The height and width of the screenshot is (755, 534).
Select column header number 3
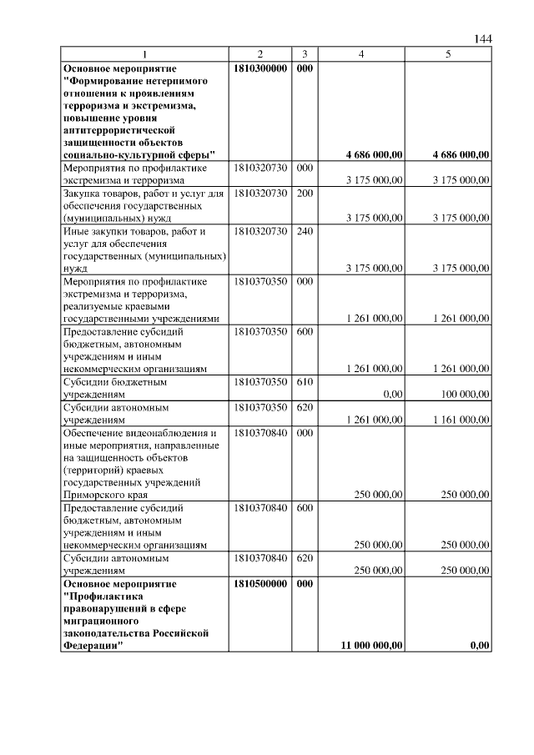(x=305, y=54)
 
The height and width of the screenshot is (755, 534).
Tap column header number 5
(x=449, y=54)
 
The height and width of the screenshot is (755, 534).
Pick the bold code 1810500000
(x=261, y=584)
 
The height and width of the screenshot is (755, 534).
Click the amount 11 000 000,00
(x=373, y=645)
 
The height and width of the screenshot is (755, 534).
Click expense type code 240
(x=305, y=230)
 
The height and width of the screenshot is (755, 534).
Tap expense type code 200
(x=305, y=193)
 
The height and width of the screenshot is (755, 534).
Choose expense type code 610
(x=305, y=381)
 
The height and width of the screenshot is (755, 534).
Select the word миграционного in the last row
(x=102, y=621)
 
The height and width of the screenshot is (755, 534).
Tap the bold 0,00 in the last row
(x=480, y=645)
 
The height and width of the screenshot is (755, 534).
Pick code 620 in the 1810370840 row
(x=305, y=557)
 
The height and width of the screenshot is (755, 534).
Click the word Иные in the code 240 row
(x=76, y=231)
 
